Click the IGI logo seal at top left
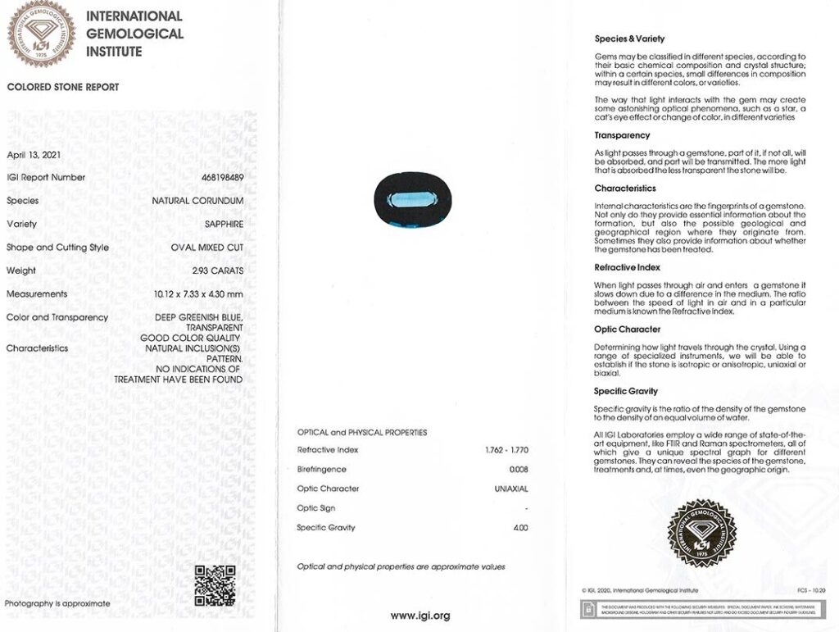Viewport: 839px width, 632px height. click(x=41, y=34)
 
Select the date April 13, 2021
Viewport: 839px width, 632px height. click(x=34, y=154)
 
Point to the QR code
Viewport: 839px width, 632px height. click(x=215, y=585)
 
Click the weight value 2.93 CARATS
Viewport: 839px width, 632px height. click(x=217, y=271)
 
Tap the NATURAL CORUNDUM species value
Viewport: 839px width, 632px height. click(x=197, y=201)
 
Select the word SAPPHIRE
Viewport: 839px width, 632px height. click(x=224, y=224)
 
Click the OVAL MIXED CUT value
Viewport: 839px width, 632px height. click(x=206, y=248)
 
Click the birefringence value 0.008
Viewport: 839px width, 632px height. click(x=519, y=470)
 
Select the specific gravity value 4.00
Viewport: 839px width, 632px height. click(x=520, y=528)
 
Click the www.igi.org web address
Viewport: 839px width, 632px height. click(x=419, y=616)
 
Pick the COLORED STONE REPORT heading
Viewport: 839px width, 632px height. click(x=63, y=87)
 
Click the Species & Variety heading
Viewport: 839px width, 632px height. click(x=629, y=39)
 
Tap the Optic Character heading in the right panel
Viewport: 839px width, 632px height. click(x=627, y=330)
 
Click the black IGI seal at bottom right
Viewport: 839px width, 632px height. click(x=702, y=533)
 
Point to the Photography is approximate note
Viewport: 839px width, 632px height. click(x=57, y=603)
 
